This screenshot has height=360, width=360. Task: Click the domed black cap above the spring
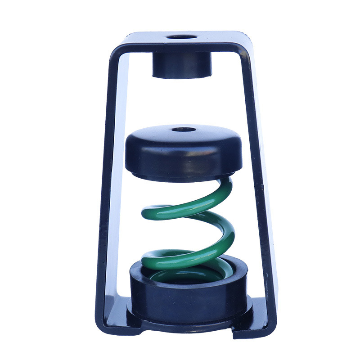pyautogui.click(x=184, y=151)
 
